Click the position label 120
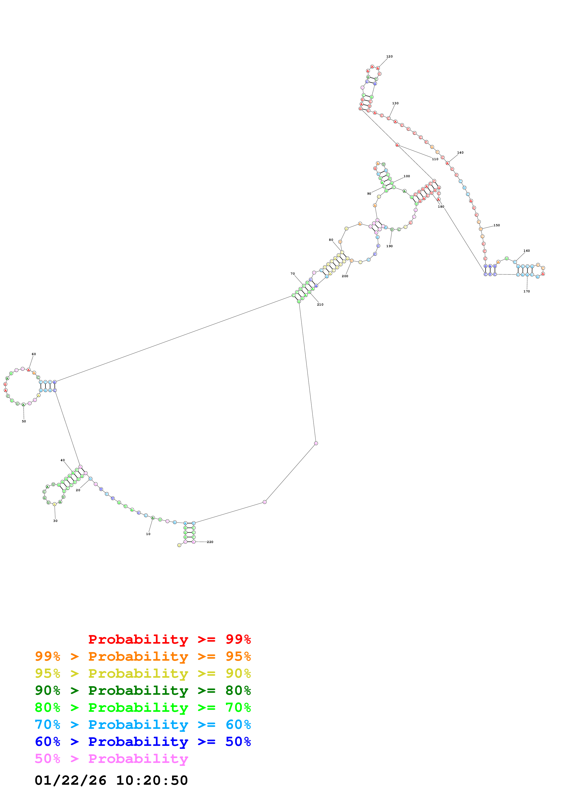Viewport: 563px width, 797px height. pos(389,57)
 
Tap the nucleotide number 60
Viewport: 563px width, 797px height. pos(34,354)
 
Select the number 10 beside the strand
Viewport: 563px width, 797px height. pos(148,534)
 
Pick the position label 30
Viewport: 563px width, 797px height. pos(55,521)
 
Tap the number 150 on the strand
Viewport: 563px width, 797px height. pos(496,225)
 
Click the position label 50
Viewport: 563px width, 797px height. pos(24,421)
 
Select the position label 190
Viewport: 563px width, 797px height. pos(389,246)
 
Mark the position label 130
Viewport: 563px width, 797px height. pos(395,103)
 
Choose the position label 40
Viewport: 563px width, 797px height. pos(62,460)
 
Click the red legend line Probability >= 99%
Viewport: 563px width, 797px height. pos(169,639)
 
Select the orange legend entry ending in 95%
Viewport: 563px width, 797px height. pos(143,656)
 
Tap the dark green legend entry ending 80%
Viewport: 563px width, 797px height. pos(143,690)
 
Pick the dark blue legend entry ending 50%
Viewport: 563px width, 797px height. pos(143,742)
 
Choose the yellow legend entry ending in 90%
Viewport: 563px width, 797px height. pos(143,673)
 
